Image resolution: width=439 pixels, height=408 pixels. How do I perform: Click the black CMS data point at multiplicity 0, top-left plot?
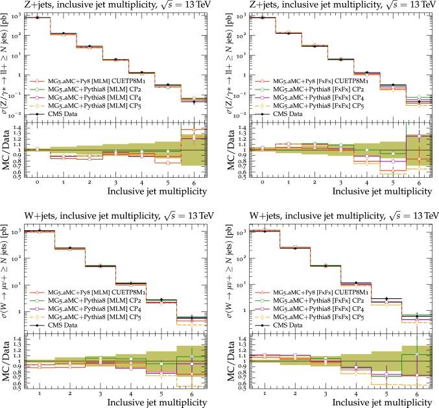point(38,18)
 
